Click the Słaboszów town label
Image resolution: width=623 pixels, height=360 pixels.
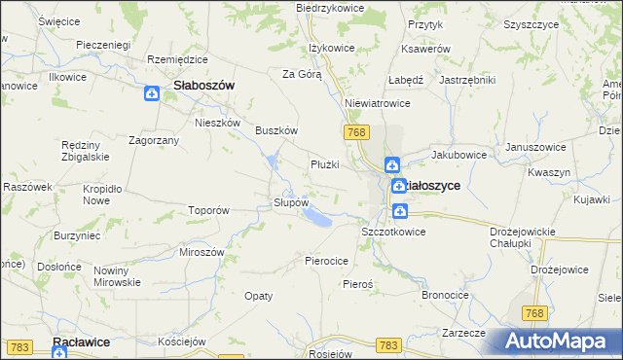[x=203, y=86]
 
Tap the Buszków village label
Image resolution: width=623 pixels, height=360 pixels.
[x=275, y=130]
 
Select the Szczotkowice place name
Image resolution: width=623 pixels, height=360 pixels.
[x=393, y=232]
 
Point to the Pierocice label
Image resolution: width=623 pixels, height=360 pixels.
[x=326, y=261]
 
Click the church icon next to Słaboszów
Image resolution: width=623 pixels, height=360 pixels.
[x=152, y=93]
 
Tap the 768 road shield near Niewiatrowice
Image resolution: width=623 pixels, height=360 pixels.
[x=354, y=130]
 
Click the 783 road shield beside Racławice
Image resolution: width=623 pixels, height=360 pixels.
[x=18, y=345]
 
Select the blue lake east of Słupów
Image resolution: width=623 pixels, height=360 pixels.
[x=317, y=220]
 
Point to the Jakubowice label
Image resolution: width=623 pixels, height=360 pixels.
[x=458, y=154]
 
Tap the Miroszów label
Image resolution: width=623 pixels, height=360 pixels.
[x=202, y=251]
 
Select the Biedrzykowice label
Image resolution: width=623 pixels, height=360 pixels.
[x=330, y=8]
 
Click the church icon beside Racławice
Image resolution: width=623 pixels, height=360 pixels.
[x=60, y=354]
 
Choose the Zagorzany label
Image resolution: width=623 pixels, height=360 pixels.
[x=153, y=140]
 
